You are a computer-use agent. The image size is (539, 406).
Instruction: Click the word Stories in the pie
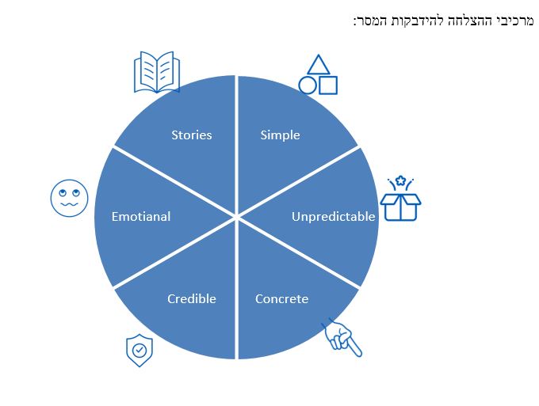pos(192,135)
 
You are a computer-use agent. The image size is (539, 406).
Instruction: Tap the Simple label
pos(280,135)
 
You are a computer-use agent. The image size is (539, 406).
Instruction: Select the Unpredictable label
pos(333,217)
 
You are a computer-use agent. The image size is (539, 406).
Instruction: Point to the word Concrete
pos(281,299)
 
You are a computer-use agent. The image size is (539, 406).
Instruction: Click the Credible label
pos(192,299)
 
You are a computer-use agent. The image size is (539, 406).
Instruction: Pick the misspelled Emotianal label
pos(141,217)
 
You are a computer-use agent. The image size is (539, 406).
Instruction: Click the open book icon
pos(157,72)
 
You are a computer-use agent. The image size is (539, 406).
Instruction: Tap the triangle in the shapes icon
pos(319,64)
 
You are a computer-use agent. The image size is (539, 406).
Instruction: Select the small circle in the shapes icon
pos(307,85)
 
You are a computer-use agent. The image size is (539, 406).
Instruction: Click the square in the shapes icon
pos(328,85)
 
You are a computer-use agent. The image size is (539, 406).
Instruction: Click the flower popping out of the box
pos(400,180)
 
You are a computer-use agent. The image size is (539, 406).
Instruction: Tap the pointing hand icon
pos(342,338)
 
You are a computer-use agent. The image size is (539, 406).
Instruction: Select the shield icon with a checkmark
pos(140,351)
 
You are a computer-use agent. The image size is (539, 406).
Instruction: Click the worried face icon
pos(70,198)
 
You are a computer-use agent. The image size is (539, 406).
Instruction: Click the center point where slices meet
pos(236,217)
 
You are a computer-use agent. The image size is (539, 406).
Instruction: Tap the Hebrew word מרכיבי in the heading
pos(514,21)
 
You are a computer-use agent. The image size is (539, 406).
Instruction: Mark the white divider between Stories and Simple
pos(236,146)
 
